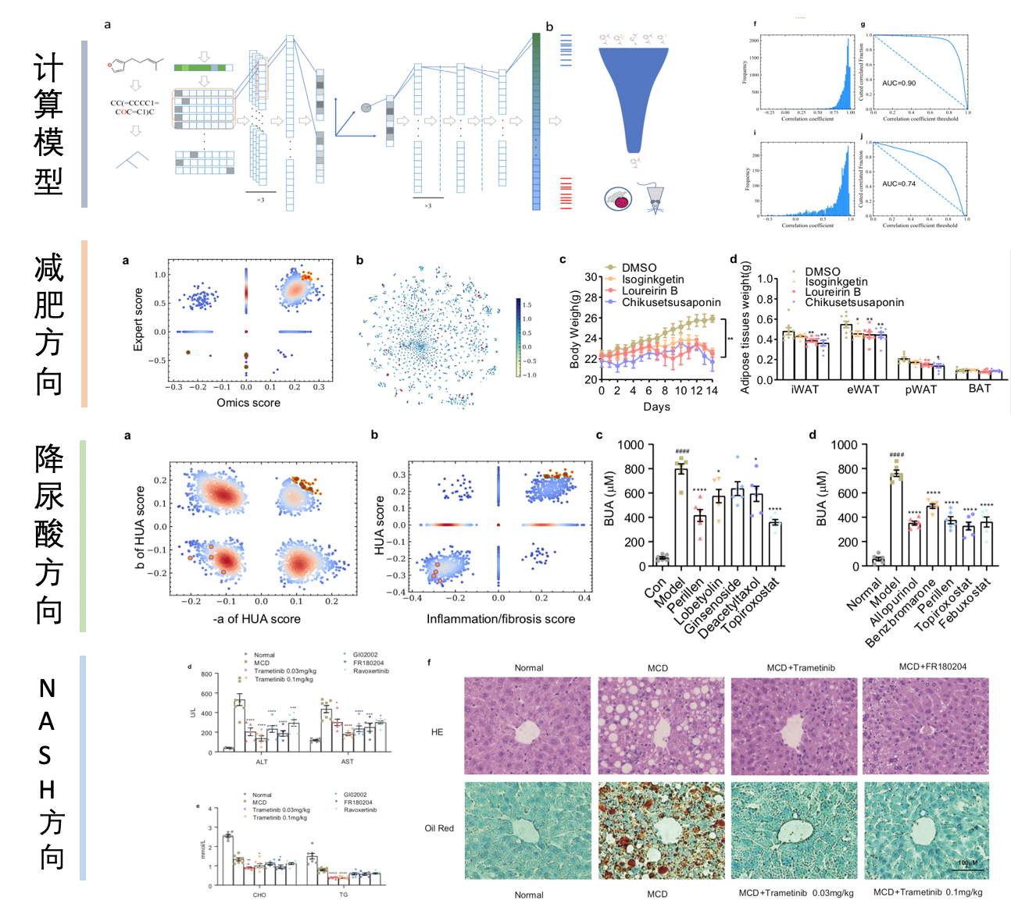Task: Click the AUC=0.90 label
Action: [x=898, y=83]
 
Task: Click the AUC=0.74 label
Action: [x=898, y=184]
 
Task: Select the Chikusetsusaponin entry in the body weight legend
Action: [x=670, y=302]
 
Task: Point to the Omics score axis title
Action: [x=248, y=403]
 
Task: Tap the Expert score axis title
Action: [x=138, y=319]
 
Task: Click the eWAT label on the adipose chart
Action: [x=863, y=389]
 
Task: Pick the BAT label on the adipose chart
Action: [x=979, y=389]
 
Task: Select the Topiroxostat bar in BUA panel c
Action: [x=774, y=543]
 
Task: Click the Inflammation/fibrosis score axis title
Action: [x=500, y=619]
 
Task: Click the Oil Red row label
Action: [x=439, y=828]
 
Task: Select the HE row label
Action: [x=437, y=732]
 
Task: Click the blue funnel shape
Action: [x=634, y=94]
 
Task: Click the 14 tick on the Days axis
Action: [x=712, y=391]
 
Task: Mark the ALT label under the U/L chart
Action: [x=262, y=762]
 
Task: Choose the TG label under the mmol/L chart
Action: [x=343, y=895]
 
